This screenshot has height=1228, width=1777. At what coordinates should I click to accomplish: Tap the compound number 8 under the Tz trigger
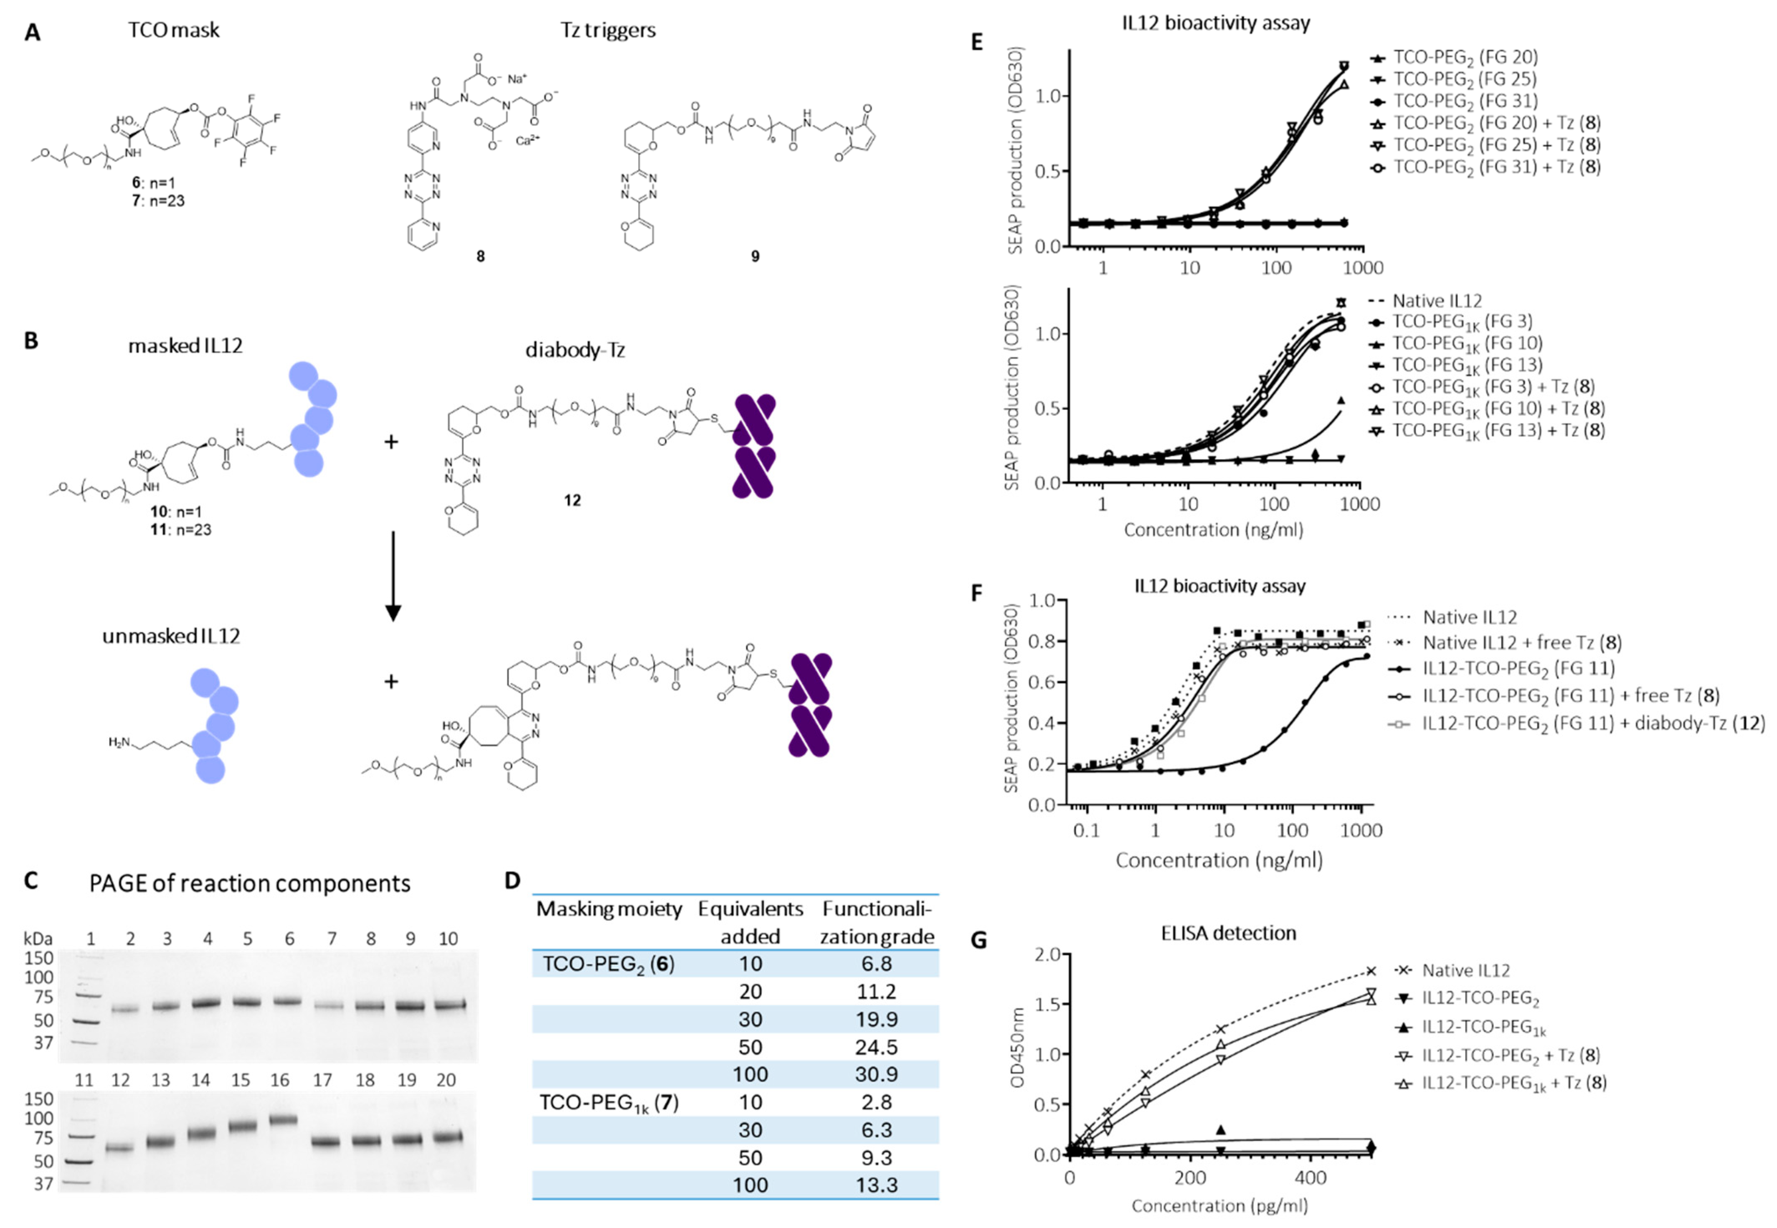click(x=480, y=256)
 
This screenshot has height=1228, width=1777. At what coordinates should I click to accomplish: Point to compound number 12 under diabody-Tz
click(x=572, y=500)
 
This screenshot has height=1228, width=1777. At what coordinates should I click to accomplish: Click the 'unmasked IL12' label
click(x=171, y=636)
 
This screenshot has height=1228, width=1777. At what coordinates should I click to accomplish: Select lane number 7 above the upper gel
click(x=332, y=939)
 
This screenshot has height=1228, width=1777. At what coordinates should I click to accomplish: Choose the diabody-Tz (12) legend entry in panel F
click(x=1592, y=723)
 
